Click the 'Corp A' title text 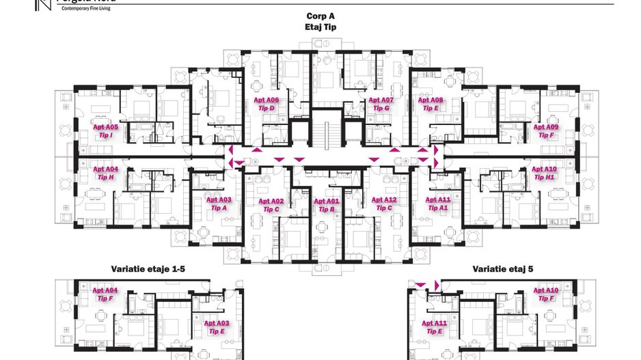(x=320, y=16)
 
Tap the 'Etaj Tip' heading (x=320, y=27)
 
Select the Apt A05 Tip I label (x=106, y=131)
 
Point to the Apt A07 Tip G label (x=381, y=104)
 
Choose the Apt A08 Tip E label (x=431, y=104)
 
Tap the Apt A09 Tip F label (x=546, y=131)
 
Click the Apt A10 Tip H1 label (x=545, y=173)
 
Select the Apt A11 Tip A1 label (x=438, y=204)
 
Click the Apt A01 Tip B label (x=327, y=205)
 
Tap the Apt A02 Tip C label (x=271, y=205)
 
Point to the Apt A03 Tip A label (x=219, y=204)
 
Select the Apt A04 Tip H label (x=106, y=173)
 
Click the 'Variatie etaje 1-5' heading (x=148, y=269)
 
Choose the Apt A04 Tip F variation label (x=105, y=294)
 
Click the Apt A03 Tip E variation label (x=217, y=327)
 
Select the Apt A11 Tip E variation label (x=435, y=327)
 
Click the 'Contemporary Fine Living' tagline (x=86, y=9)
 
